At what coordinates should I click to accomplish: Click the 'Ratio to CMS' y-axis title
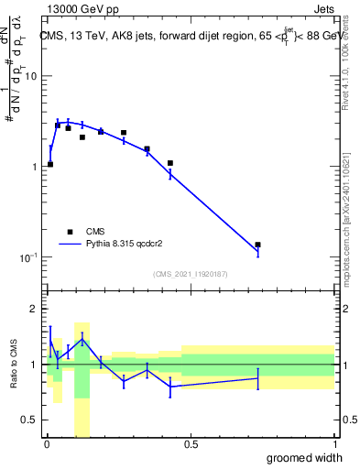(x=12, y=365)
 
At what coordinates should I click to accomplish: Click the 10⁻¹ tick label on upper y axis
(x=30, y=257)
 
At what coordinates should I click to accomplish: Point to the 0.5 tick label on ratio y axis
(x=30, y=420)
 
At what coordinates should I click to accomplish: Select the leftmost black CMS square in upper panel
(x=50, y=164)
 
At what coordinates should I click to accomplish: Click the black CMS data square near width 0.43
(x=170, y=163)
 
